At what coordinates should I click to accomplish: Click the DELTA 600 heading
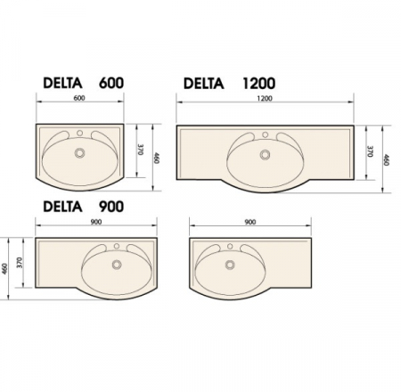tap(84, 83)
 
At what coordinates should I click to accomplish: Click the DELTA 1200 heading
tap(229, 83)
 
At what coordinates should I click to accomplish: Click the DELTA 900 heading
tap(84, 207)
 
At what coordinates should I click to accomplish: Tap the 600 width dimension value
tap(79, 98)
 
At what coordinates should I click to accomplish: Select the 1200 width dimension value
tap(265, 98)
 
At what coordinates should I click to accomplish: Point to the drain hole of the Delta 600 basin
tap(79, 153)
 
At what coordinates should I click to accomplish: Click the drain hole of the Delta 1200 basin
tap(265, 155)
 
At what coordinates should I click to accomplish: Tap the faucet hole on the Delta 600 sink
tap(79, 133)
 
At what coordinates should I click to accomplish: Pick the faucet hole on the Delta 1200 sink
tap(265, 135)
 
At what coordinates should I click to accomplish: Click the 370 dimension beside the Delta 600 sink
tap(141, 150)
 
